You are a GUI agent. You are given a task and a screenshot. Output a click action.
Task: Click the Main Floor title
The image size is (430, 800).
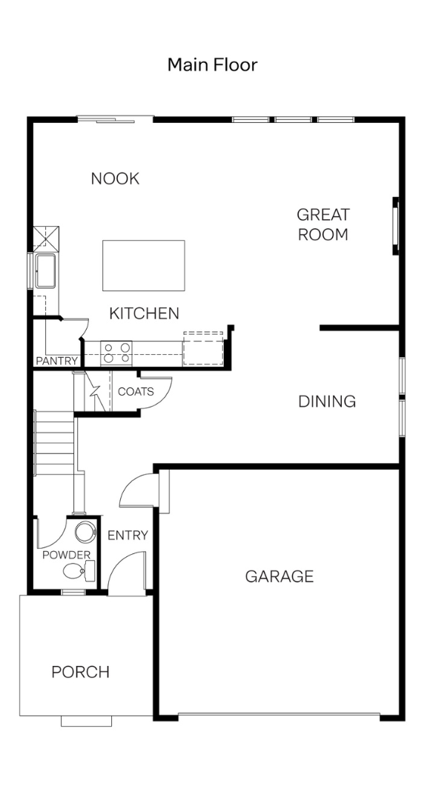click(213, 64)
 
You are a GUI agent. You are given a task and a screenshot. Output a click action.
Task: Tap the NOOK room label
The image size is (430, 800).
click(115, 179)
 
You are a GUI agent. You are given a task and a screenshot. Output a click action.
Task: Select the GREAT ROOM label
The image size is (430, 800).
click(322, 224)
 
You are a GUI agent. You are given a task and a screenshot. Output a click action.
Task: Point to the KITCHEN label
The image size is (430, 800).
click(144, 313)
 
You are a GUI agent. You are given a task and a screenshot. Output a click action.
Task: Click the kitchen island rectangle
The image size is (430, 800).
click(144, 265)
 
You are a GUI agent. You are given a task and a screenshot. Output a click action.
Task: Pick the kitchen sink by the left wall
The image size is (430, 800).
click(46, 270)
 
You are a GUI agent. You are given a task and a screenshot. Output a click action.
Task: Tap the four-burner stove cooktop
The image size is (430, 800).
click(116, 353)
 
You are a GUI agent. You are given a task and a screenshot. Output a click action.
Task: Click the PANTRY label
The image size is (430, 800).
click(56, 361)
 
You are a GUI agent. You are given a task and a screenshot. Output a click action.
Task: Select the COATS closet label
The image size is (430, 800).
click(136, 392)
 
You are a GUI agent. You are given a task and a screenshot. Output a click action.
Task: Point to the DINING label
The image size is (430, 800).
click(327, 401)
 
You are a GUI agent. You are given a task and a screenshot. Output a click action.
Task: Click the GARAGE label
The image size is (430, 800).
click(279, 576)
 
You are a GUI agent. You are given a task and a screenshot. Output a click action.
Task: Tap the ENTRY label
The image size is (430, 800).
click(128, 536)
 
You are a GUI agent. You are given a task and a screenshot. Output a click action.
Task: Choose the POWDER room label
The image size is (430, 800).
click(67, 555)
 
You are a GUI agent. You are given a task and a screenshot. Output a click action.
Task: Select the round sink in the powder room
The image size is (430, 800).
click(85, 532)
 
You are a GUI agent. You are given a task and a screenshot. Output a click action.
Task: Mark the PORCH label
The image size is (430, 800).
click(81, 672)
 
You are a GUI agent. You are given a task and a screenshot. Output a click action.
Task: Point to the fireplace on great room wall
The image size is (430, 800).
click(395, 226)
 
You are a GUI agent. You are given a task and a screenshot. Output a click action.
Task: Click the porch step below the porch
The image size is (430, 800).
click(86, 721)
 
